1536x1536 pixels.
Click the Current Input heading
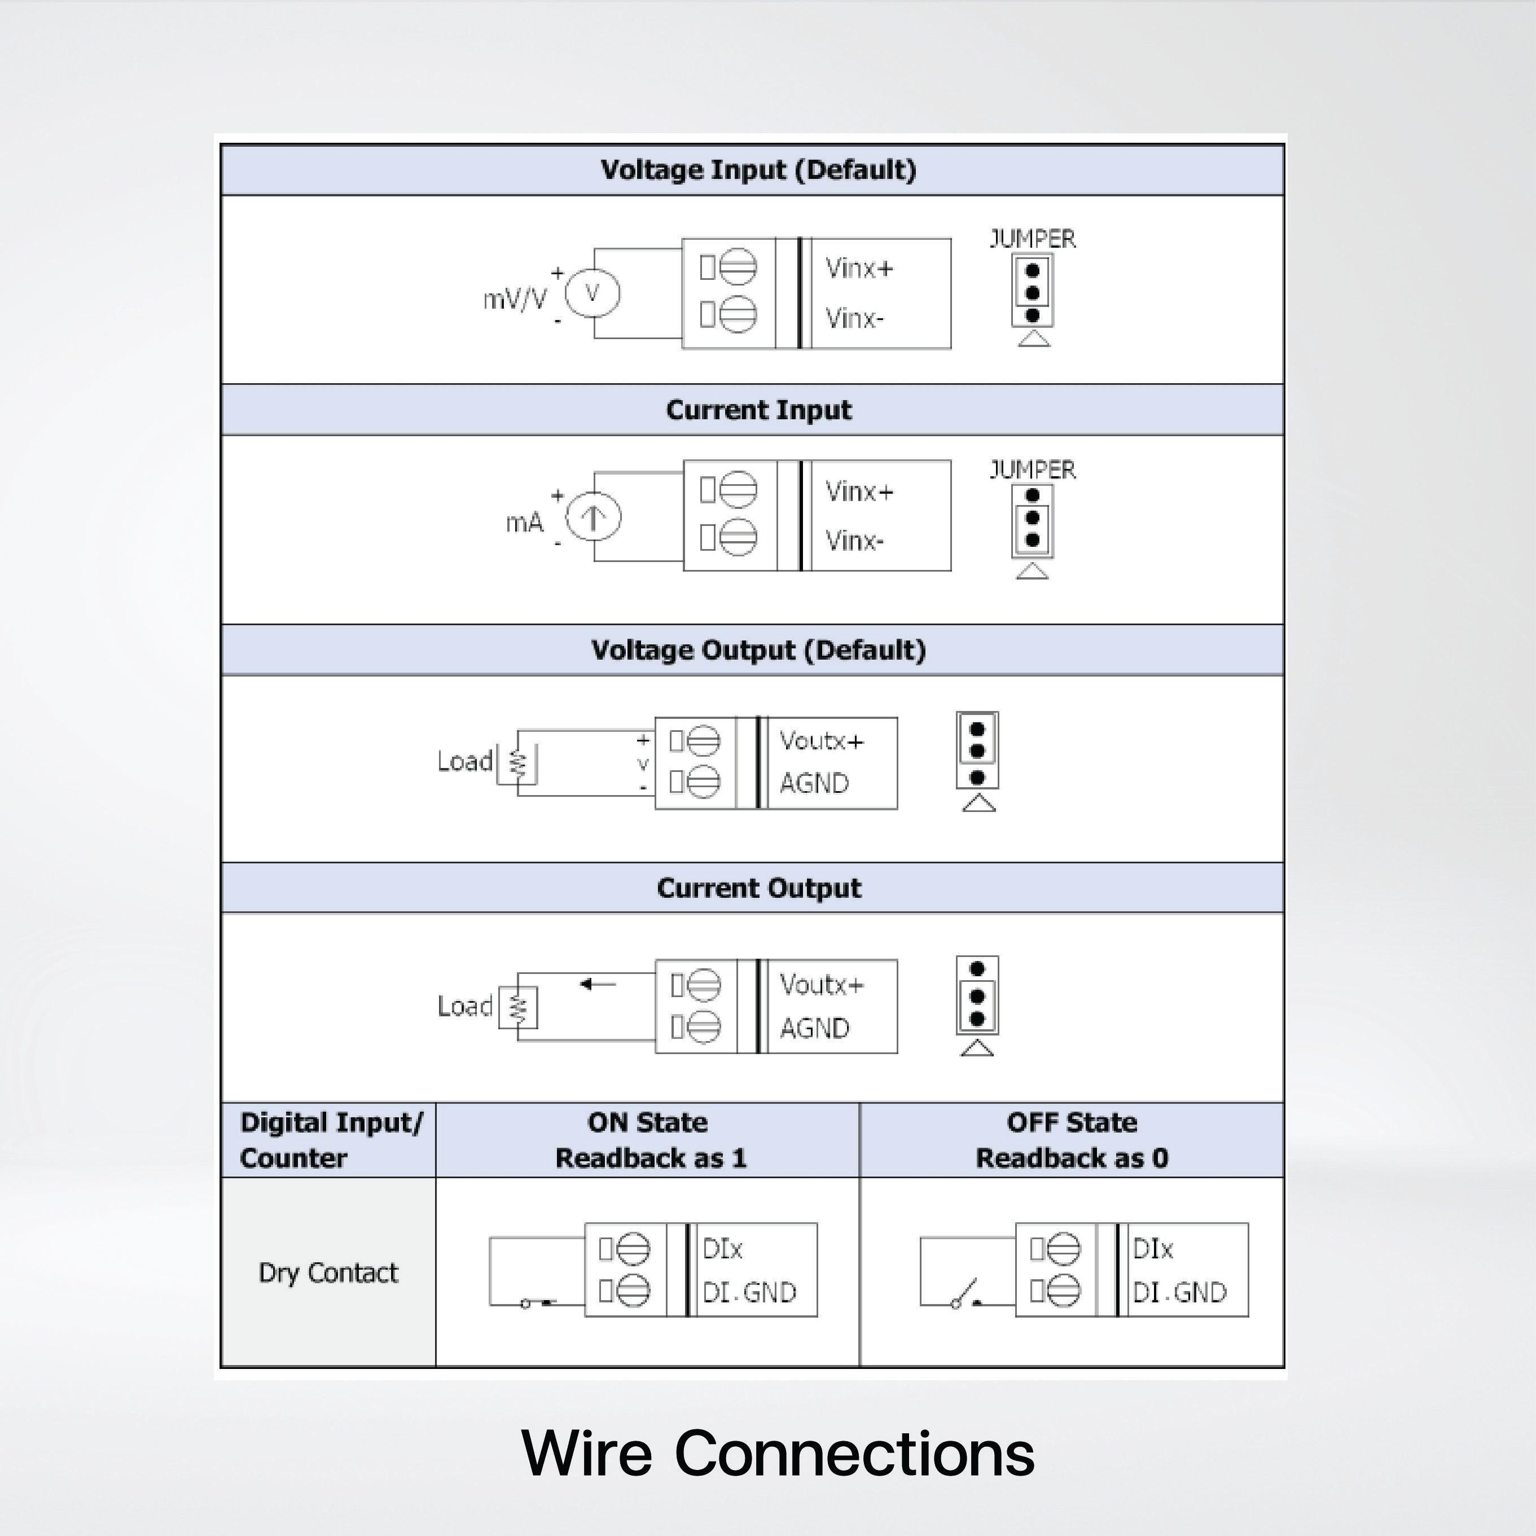click(758, 410)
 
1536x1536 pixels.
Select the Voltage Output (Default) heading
click(758, 650)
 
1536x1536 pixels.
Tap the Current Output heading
click(758, 888)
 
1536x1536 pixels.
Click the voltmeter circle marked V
click(593, 293)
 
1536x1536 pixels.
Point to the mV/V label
click(515, 299)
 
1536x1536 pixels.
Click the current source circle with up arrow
click(593, 517)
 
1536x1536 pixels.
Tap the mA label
click(525, 523)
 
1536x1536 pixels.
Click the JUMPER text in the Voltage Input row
click(1032, 239)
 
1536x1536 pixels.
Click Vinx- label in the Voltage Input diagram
click(854, 319)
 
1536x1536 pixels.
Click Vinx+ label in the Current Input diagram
click(859, 491)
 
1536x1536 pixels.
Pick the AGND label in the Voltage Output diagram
click(813, 783)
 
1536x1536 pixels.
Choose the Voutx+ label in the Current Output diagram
click(820, 985)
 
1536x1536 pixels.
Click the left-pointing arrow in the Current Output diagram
click(598, 984)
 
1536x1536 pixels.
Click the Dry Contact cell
click(327, 1273)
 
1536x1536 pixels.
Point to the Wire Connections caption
click(778, 1452)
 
